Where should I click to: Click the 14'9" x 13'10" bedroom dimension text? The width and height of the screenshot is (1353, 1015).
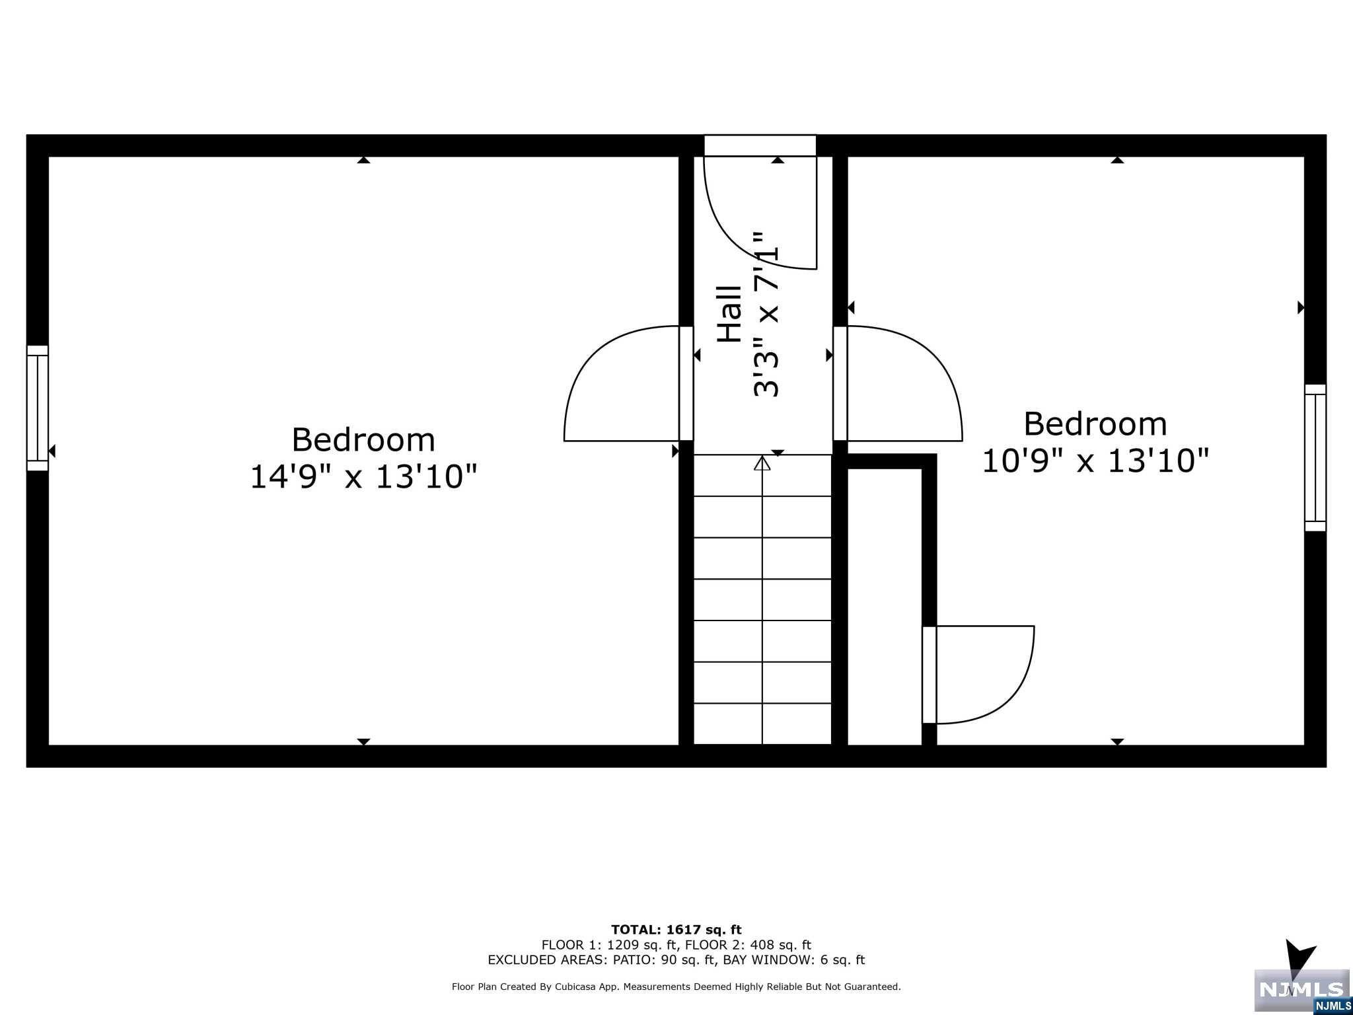363,476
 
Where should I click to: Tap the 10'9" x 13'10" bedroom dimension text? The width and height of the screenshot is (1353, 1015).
1095,461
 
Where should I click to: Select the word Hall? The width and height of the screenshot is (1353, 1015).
730,314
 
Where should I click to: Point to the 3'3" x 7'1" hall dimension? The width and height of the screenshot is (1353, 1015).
766,314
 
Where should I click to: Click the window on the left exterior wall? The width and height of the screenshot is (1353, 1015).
38,408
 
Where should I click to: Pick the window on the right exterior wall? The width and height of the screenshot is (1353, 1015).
1315,457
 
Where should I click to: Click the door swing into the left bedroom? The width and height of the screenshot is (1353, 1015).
621,383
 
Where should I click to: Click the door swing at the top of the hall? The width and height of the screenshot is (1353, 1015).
760,211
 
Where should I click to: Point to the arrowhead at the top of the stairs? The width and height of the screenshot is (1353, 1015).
762,463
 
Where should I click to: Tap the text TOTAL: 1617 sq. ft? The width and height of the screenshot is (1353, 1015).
676,930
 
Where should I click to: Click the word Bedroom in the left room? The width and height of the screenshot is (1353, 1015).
363,439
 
